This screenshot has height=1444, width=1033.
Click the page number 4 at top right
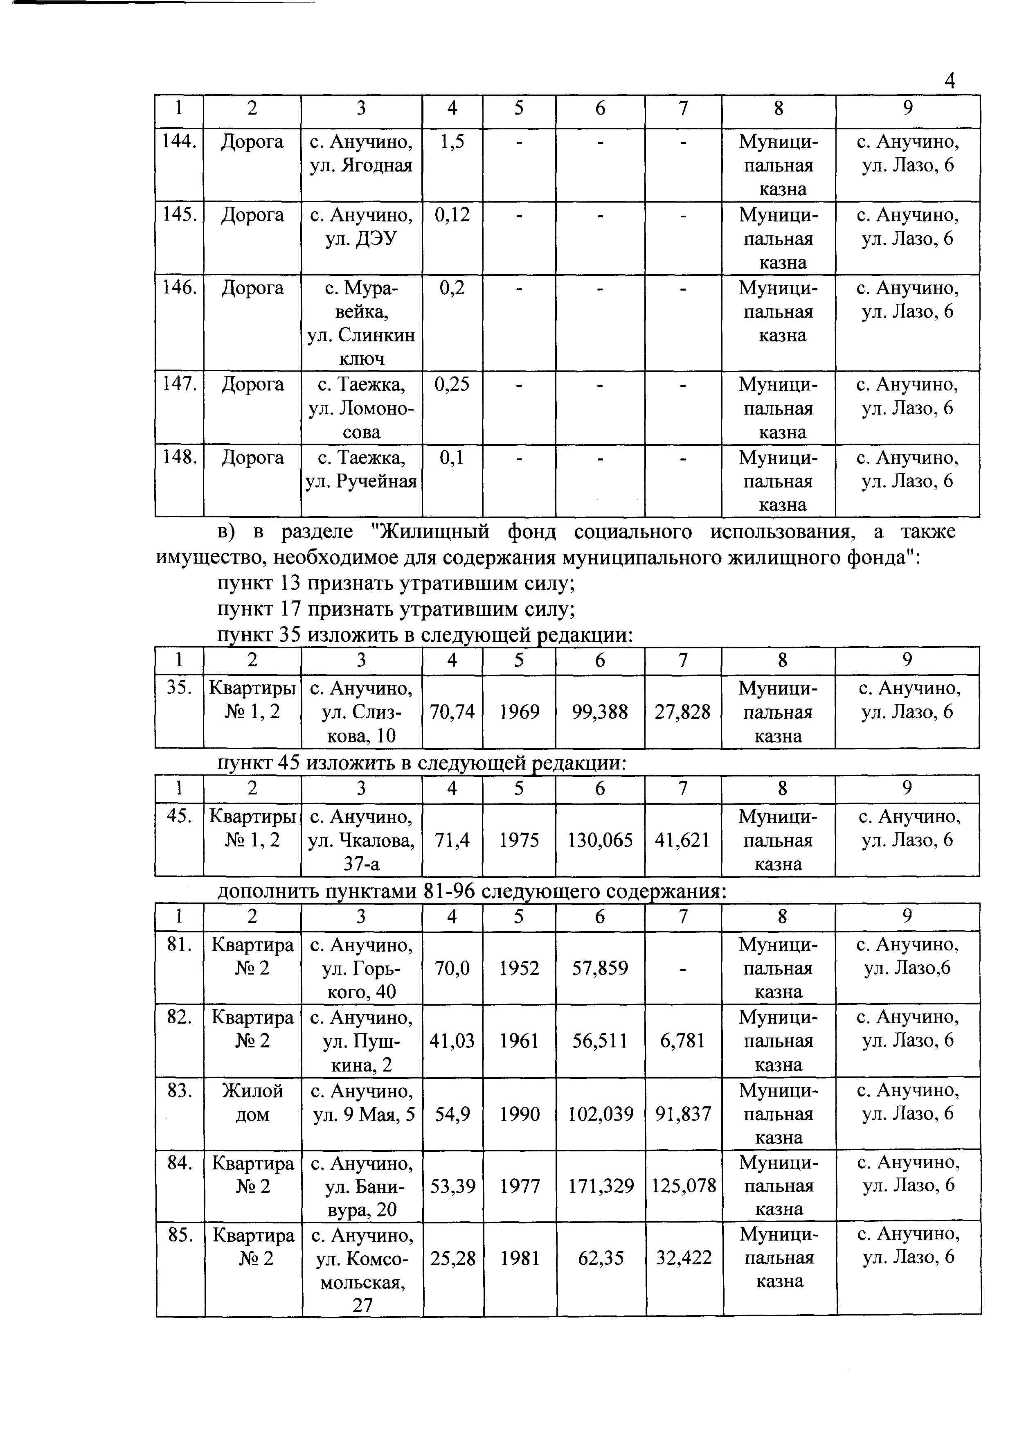click(x=950, y=81)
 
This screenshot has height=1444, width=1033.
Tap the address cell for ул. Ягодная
click(x=361, y=153)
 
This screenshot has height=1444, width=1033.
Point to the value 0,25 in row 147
click(x=452, y=384)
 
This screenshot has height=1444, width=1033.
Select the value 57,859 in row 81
click(x=600, y=969)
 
